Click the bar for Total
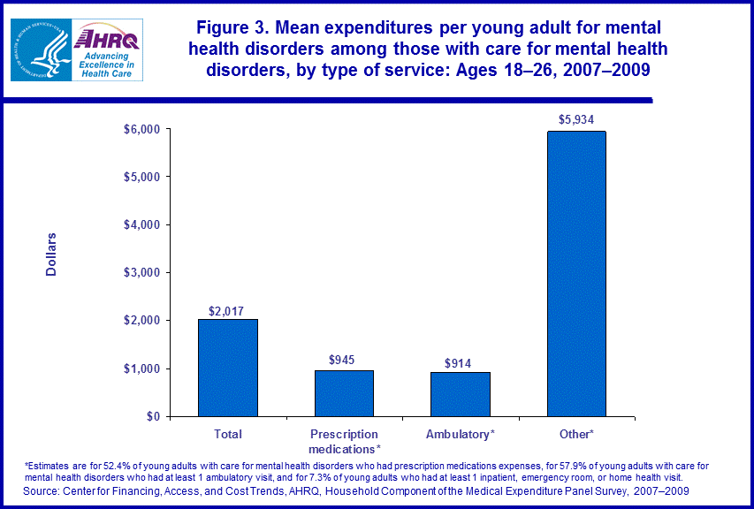click(228, 368)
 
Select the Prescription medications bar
click(344, 393)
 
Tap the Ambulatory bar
click(461, 394)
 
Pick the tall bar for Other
click(576, 274)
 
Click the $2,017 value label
click(228, 310)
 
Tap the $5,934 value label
click(576, 119)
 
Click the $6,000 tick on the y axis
click(141, 129)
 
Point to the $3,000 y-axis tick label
click(141, 272)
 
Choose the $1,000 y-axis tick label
click(141, 368)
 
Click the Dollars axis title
click(51, 254)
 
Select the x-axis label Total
click(228, 434)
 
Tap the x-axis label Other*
click(576, 434)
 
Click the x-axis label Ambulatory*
click(461, 434)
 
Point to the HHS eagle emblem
click(41, 49)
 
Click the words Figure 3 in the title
click(229, 27)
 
